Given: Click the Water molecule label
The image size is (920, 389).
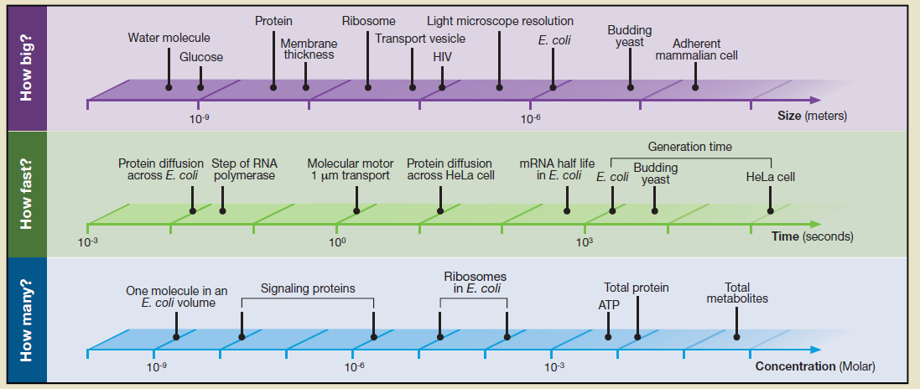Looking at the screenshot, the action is tap(169, 38).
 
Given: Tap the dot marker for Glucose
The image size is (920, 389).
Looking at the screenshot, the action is tap(200, 87).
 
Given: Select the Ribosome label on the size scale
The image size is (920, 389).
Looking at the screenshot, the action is tap(368, 21).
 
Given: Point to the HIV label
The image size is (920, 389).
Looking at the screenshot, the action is tap(442, 57).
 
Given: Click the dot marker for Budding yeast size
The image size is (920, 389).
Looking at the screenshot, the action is tap(630, 87).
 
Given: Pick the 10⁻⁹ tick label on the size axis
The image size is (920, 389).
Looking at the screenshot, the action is tap(199, 118).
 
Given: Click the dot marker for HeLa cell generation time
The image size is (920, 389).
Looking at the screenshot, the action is tap(771, 210).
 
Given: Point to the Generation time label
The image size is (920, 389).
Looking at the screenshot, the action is tap(690, 147).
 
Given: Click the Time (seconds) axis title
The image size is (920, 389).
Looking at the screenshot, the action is tap(812, 236).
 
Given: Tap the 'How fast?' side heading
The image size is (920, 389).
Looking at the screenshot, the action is tap(25, 194).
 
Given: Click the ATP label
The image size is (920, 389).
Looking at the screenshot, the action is tap(609, 304).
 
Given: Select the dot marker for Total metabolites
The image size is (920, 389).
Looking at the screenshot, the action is tap(737, 337).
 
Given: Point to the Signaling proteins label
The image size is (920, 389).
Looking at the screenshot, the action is tap(308, 288).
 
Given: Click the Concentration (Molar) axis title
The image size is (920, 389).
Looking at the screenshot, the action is tap(815, 366).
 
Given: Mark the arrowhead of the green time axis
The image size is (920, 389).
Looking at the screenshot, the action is tap(815, 224).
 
